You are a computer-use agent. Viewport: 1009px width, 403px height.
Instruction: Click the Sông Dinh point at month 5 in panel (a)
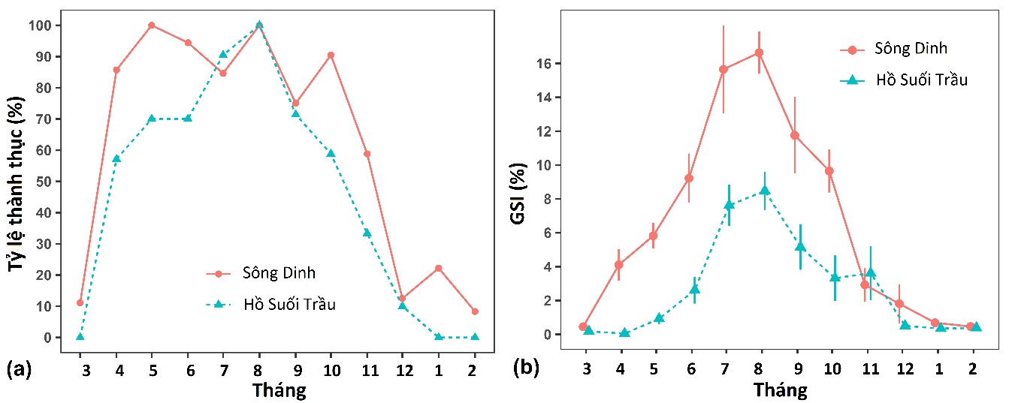tap(152, 26)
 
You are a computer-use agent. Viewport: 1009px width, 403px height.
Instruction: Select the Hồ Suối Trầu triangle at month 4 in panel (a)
tap(116, 159)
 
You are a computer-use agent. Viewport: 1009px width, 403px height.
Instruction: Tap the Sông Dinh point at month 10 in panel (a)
tap(331, 55)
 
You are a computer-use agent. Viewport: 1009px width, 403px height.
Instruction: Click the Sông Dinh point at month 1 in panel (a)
tap(438, 268)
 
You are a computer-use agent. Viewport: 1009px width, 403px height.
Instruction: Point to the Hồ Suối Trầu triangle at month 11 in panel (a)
tap(367, 233)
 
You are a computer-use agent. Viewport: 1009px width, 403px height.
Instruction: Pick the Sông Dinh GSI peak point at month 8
tap(759, 53)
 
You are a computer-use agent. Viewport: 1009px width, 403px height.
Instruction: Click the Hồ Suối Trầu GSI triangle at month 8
tap(764, 190)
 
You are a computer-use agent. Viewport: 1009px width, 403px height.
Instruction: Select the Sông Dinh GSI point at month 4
tap(618, 264)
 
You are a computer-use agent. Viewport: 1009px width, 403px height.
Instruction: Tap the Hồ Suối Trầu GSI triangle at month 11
tap(870, 272)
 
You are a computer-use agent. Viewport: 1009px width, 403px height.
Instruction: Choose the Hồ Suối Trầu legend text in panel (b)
tap(920, 80)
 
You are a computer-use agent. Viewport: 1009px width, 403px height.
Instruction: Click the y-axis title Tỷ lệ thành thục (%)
tap(20, 185)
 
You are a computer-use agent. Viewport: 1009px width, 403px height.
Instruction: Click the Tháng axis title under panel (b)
tap(781, 389)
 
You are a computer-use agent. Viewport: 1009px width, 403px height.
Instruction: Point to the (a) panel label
tap(18, 369)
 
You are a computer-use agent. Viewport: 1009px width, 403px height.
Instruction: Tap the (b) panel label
tap(527, 368)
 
